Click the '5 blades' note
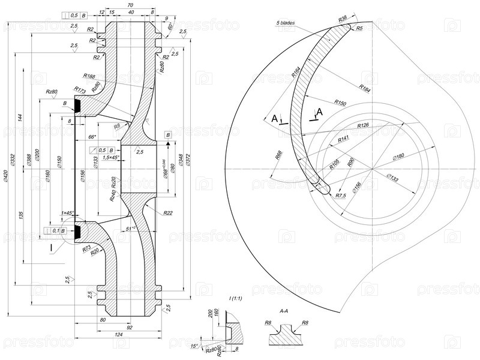(286, 23)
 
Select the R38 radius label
(343, 19)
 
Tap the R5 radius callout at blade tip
(359, 28)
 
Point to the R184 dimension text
(365, 88)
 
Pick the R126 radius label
(362, 125)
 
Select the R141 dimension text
(343, 139)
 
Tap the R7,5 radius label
(341, 196)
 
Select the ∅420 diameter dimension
(5, 175)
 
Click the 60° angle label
(171, 26)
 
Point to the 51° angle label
(130, 229)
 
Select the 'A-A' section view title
(285, 311)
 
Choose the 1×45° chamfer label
(67, 213)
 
